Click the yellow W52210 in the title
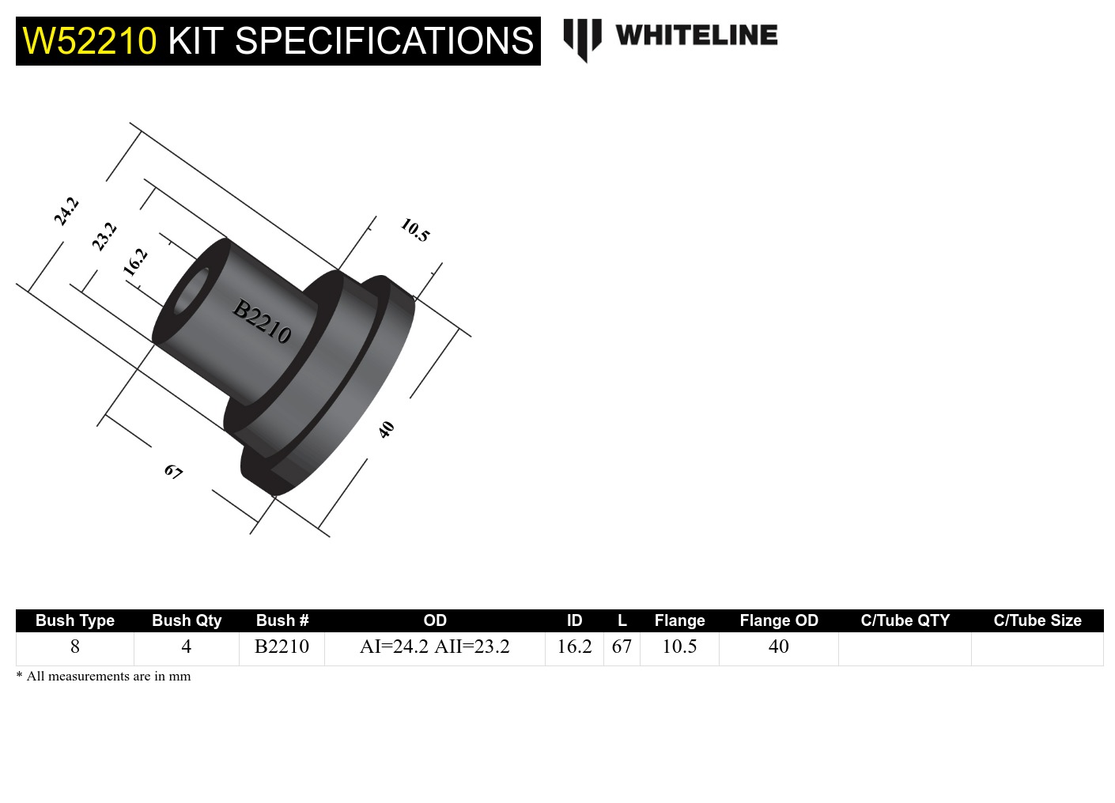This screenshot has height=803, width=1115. coord(89,41)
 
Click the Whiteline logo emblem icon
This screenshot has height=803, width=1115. coord(582,38)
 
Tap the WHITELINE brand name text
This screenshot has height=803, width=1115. coord(696,36)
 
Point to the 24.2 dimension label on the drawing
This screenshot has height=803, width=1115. coord(66,211)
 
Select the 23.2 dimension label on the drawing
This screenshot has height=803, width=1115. coord(104,236)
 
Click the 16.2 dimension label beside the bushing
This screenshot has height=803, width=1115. coord(135,261)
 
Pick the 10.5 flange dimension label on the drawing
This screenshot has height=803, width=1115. coord(414,230)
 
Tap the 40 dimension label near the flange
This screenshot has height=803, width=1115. coord(386,429)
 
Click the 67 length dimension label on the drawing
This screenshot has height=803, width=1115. coord(173,472)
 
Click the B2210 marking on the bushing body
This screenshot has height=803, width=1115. coord(262,321)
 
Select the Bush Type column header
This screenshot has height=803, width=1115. coord(75,620)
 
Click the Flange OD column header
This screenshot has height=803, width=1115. coord(778,620)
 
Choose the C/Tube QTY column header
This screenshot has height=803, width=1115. coord(905,620)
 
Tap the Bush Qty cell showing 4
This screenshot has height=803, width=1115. coord(186,647)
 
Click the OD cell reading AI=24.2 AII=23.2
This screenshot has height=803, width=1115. coord(434,647)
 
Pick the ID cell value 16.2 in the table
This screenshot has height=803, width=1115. coord(574,647)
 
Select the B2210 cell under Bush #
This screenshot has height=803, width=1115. coord(282,647)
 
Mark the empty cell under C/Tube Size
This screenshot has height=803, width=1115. coord(1037,648)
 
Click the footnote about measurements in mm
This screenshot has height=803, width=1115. coord(104,676)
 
